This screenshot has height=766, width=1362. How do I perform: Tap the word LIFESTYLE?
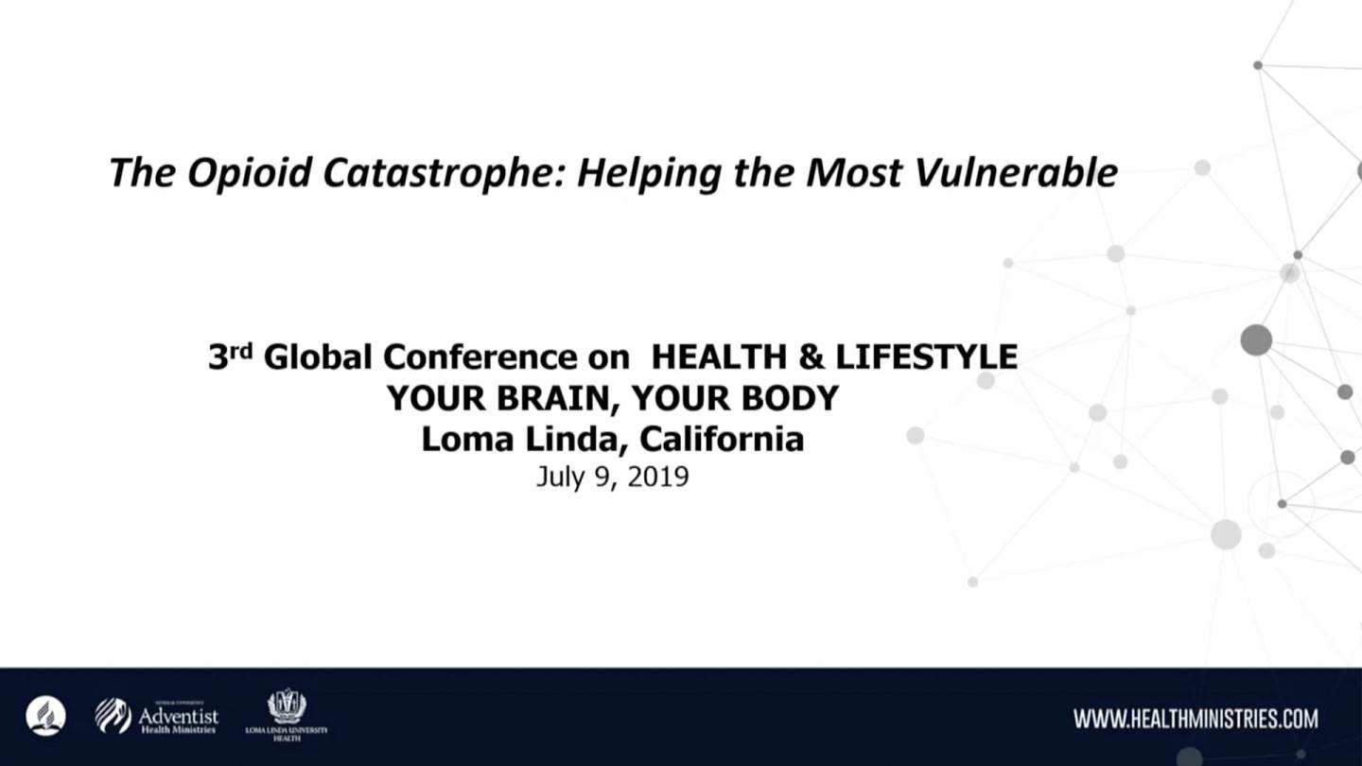(927, 357)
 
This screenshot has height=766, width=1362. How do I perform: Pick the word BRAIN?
(559, 399)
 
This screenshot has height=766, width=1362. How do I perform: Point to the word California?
(722, 439)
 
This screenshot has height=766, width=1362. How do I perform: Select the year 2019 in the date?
(658, 477)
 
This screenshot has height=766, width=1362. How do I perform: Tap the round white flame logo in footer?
(46, 716)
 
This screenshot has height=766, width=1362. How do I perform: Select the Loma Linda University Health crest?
(287, 705)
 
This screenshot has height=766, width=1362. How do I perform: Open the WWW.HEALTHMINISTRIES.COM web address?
(1196, 719)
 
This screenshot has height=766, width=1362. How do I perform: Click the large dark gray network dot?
(1256, 339)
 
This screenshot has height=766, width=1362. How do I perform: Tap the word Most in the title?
(854, 173)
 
